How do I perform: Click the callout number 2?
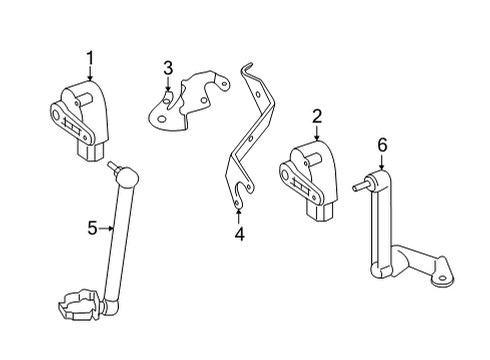(315, 117)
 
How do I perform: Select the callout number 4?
(238, 236)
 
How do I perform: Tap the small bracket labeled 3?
(190, 100)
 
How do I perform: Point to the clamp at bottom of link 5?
(86, 302)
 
